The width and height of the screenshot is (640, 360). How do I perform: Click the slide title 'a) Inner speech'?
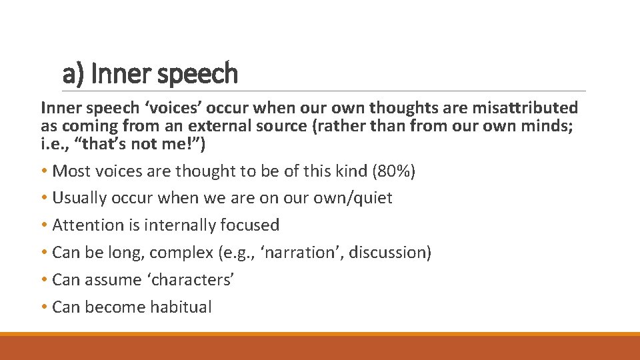pyautogui.click(x=150, y=73)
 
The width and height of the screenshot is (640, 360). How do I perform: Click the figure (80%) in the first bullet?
pyautogui.click(x=395, y=171)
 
